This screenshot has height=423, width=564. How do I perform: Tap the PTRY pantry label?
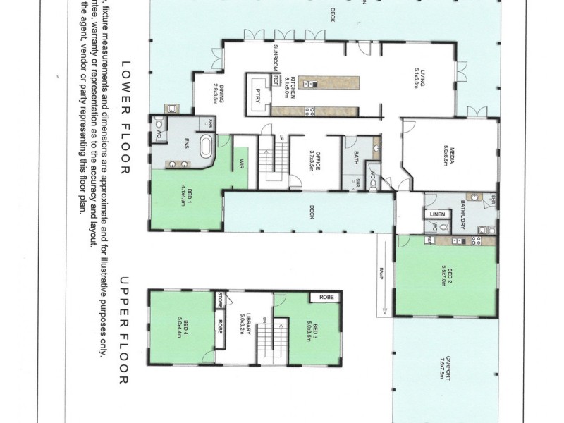pos(258,94)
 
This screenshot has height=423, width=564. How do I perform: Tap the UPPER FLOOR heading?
pos(126,331)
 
